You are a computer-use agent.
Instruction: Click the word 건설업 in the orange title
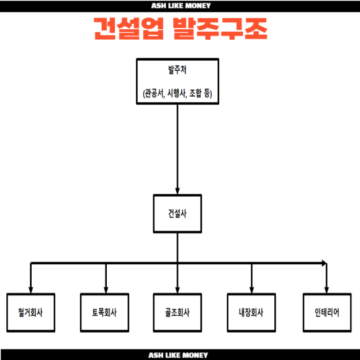tap(129, 29)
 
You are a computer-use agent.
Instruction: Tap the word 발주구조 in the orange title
tap(220, 29)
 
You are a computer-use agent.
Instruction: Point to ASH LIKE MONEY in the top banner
tap(181, 6)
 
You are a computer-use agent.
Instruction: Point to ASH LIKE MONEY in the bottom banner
tap(178, 355)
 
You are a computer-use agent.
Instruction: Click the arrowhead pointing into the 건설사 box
tap(178, 191)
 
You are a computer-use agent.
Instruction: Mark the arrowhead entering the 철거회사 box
tap(31, 290)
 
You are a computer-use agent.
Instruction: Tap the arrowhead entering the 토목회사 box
tap(106, 290)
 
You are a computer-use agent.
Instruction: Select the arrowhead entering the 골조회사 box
tap(178, 290)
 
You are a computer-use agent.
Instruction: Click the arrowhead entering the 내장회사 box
tap(251, 290)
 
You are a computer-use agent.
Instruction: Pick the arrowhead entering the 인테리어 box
tap(326, 290)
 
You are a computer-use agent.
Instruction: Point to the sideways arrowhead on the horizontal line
tap(324, 263)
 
